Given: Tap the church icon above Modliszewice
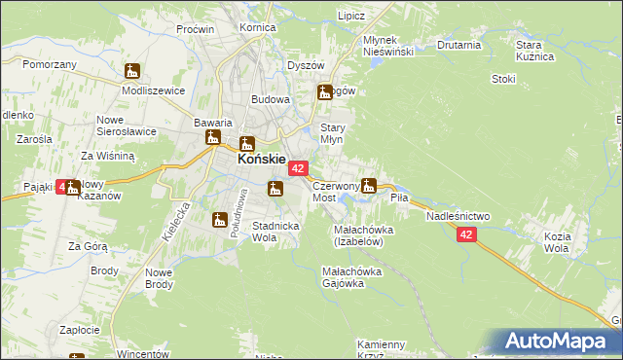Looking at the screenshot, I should click(x=132, y=71).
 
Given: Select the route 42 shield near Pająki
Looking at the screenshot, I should click(x=67, y=187).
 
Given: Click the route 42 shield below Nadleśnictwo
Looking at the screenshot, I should click(x=466, y=234).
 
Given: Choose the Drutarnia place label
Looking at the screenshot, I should click(x=459, y=45).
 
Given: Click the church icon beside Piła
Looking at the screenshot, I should click(x=369, y=185).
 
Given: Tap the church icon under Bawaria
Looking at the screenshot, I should click(x=213, y=138).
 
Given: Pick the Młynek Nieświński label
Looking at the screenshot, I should click(x=388, y=45).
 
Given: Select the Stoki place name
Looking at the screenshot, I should click(x=503, y=79).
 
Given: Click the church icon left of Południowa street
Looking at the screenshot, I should click(x=220, y=220).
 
